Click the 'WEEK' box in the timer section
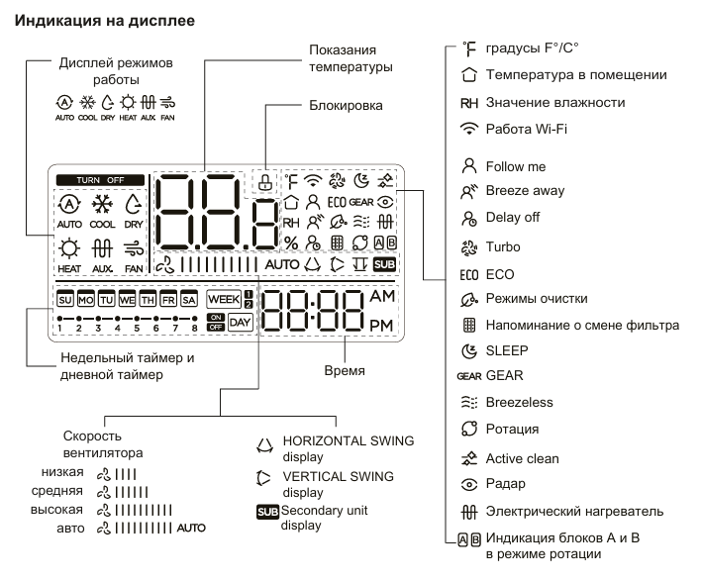(222, 297)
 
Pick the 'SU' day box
(66, 297)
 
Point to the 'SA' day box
(188, 297)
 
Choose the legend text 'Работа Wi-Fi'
(526, 130)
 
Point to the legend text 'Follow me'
(515, 166)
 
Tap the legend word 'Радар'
(505, 484)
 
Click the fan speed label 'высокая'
(65, 509)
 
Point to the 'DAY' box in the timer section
(240, 322)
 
